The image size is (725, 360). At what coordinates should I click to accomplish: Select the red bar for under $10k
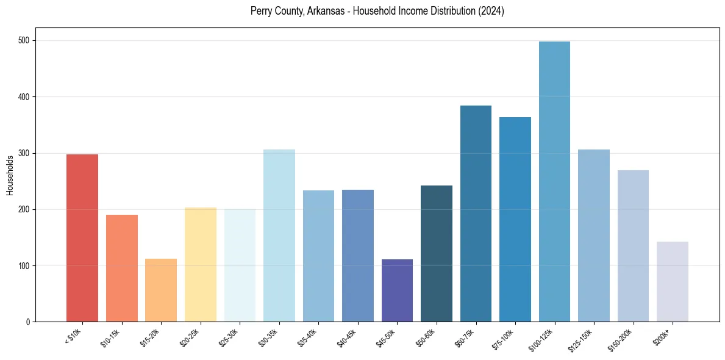[x=82, y=238]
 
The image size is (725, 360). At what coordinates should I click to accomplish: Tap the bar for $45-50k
[x=397, y=290]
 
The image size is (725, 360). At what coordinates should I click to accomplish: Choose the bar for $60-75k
[x=476, y=214]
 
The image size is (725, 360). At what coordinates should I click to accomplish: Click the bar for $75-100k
[x=515, y=219]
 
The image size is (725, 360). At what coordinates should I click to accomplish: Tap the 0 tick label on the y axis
[x=29, y=322]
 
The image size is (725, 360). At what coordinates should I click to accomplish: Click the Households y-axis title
[x=10, y=175]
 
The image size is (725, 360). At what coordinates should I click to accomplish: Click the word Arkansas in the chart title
[x=329, y=11]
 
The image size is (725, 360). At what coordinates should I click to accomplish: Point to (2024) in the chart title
[x=491, y=11]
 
